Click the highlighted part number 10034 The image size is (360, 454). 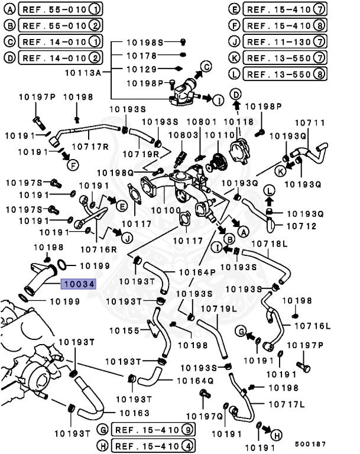click(x=79, y=284)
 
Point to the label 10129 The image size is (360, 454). click(x=140, y=69)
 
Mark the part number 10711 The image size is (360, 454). click(x=310, y=122)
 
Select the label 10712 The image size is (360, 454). click(x=301, y=226)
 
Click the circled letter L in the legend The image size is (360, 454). click(x=234, y=74)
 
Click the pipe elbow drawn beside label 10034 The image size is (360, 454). click(x=41, y=280)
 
